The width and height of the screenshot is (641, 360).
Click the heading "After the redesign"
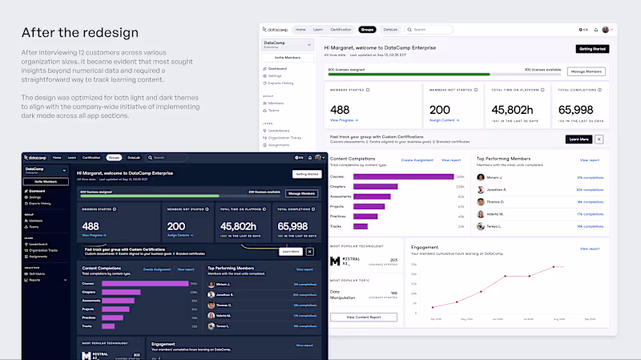[80, 33]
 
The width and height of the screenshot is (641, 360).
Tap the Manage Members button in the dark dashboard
[302, 193]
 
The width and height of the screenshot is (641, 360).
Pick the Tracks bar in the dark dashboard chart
[109, 326]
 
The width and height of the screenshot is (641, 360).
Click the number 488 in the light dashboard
[340, 109]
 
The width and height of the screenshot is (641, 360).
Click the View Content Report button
[363, 318]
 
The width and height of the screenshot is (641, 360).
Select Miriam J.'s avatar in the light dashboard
[481, 177]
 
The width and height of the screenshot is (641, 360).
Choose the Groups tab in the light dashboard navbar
[367, 30]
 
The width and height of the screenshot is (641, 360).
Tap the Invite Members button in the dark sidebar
[45, 181]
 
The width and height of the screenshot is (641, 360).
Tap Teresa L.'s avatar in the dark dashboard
[212, 326]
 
